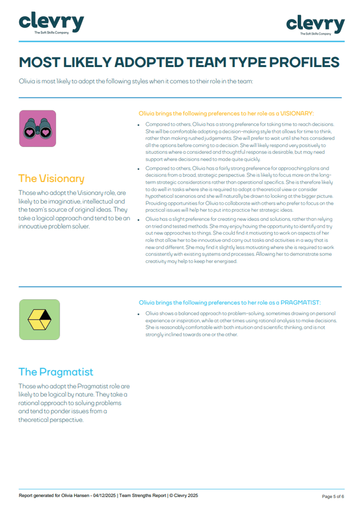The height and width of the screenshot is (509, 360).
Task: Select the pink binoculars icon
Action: tap(37, 129)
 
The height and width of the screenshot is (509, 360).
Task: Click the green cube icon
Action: tap(39, 319)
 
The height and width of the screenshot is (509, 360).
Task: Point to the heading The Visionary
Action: tap(51, 178)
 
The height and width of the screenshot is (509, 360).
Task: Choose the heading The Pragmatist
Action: tap(55, 372)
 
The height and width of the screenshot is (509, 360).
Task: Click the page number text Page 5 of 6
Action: tap(332, 496)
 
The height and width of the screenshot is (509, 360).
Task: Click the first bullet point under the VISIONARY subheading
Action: tap(139, 125)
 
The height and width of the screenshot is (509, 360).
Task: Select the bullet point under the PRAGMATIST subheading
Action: tap(139, 313)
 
